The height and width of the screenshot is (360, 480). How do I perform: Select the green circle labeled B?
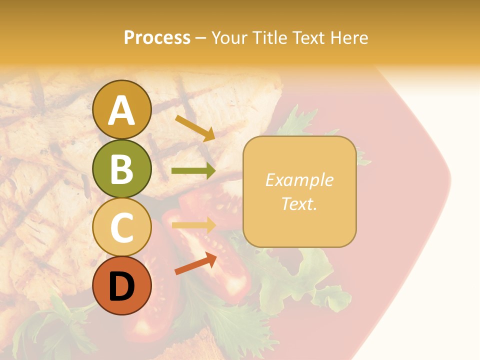click(x=122, y=169)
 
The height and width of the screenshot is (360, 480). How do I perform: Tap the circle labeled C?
click(x=122, y=227)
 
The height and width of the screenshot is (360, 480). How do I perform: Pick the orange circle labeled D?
click(x=122, y=285)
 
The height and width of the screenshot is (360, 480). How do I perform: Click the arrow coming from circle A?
click(x=195, y=128)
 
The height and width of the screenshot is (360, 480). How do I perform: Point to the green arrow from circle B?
click(x=193, y=171)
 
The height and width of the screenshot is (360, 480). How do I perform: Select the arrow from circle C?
click(x=193, y=225)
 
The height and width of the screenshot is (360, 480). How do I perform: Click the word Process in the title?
click(x=157, y=38)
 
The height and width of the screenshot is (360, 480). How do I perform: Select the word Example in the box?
click(x=299, y=180)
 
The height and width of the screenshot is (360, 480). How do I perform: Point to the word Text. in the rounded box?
click(x=299, y=203)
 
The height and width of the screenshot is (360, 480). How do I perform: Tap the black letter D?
click(x=122, y=286)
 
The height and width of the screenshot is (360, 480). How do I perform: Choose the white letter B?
click(x=122, y=169)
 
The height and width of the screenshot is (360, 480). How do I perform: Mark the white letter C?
click(x=122, y=228)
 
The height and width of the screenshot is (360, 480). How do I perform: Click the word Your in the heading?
click(x=229, y=38)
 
